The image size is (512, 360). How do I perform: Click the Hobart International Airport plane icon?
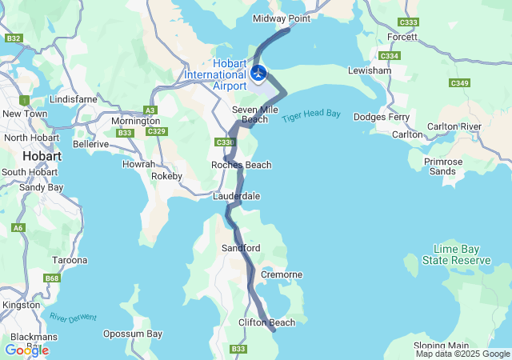pyautogui.click(x=258, y=74)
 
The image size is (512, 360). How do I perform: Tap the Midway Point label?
pyautogui.click(x=281, y=18)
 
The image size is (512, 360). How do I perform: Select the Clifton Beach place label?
pyautogui.click(x=266, y=322)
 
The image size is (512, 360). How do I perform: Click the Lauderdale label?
pyautogui.click(x=236, y=196)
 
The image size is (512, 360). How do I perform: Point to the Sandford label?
pyautogui.click(x=241, y=249)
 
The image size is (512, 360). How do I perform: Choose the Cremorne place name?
pyautogui.click(x=281, y=274)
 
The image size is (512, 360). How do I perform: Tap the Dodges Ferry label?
pyautogui.click(x=382, y=117)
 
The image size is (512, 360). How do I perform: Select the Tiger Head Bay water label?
pyautogui.click(x=311, y=116)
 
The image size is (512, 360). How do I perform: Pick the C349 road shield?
pyautogui.click(x=459, y=83)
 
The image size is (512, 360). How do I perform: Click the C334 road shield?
pyautogui.click(x=390, y=56)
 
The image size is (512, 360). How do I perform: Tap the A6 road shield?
pyautogui.click(x=18, y=228)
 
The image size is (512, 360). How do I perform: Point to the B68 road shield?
pyautogui.click(x=52, y=278)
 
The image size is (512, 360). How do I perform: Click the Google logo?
pyautogui.click(x=26, y=350)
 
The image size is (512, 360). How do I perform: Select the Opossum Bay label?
pyautogui.click(x=133, y=334)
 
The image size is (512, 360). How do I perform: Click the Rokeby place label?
pyautogui.click(x=167, y=176)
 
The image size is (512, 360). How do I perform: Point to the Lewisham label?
pyautogui.click(x=369, y=70)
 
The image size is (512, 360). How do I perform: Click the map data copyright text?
pyautogui.click(x=462, y=354)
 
